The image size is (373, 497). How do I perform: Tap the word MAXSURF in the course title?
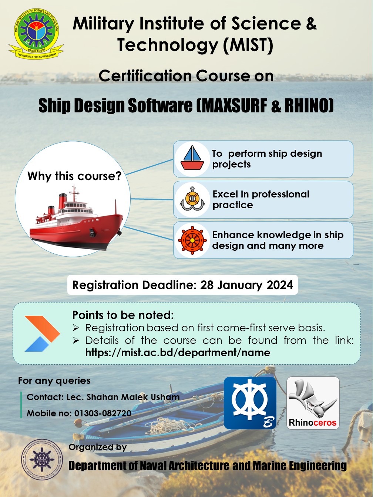pyautogui.click(x=234, y=106)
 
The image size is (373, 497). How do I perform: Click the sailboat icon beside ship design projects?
pyautogui.click(x=192, y=159)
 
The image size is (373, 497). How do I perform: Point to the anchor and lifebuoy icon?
pyautogui.click(x=192, y=199)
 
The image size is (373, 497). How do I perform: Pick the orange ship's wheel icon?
pyautogui.click(x=192, y=240)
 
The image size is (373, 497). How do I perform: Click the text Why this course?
pyautogui.click(x=74, y=176)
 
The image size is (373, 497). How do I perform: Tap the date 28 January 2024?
pyautogui.click(x=246, y=285)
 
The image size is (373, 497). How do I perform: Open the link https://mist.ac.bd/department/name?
pyautogui.click(x=178, y=352)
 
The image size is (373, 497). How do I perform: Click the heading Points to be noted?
pyautogui.click(x=123, y=315)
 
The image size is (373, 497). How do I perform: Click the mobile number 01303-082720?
pyautogui.click(x=103, y=413)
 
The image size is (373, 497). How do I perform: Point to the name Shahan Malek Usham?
pyautogui.click(x=133, y=397)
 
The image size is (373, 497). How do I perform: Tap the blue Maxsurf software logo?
pyautogui.click(x=250, y=403)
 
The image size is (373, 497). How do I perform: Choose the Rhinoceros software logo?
pyautogui.click(x=313, y=403)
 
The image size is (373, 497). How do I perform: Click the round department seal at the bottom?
pyautogui.click(x=42, y=460)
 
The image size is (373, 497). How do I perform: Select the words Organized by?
pyautogui.click(x=98, y=447)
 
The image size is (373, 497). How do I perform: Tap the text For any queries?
pyautogui.click(x=54, y=381)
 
